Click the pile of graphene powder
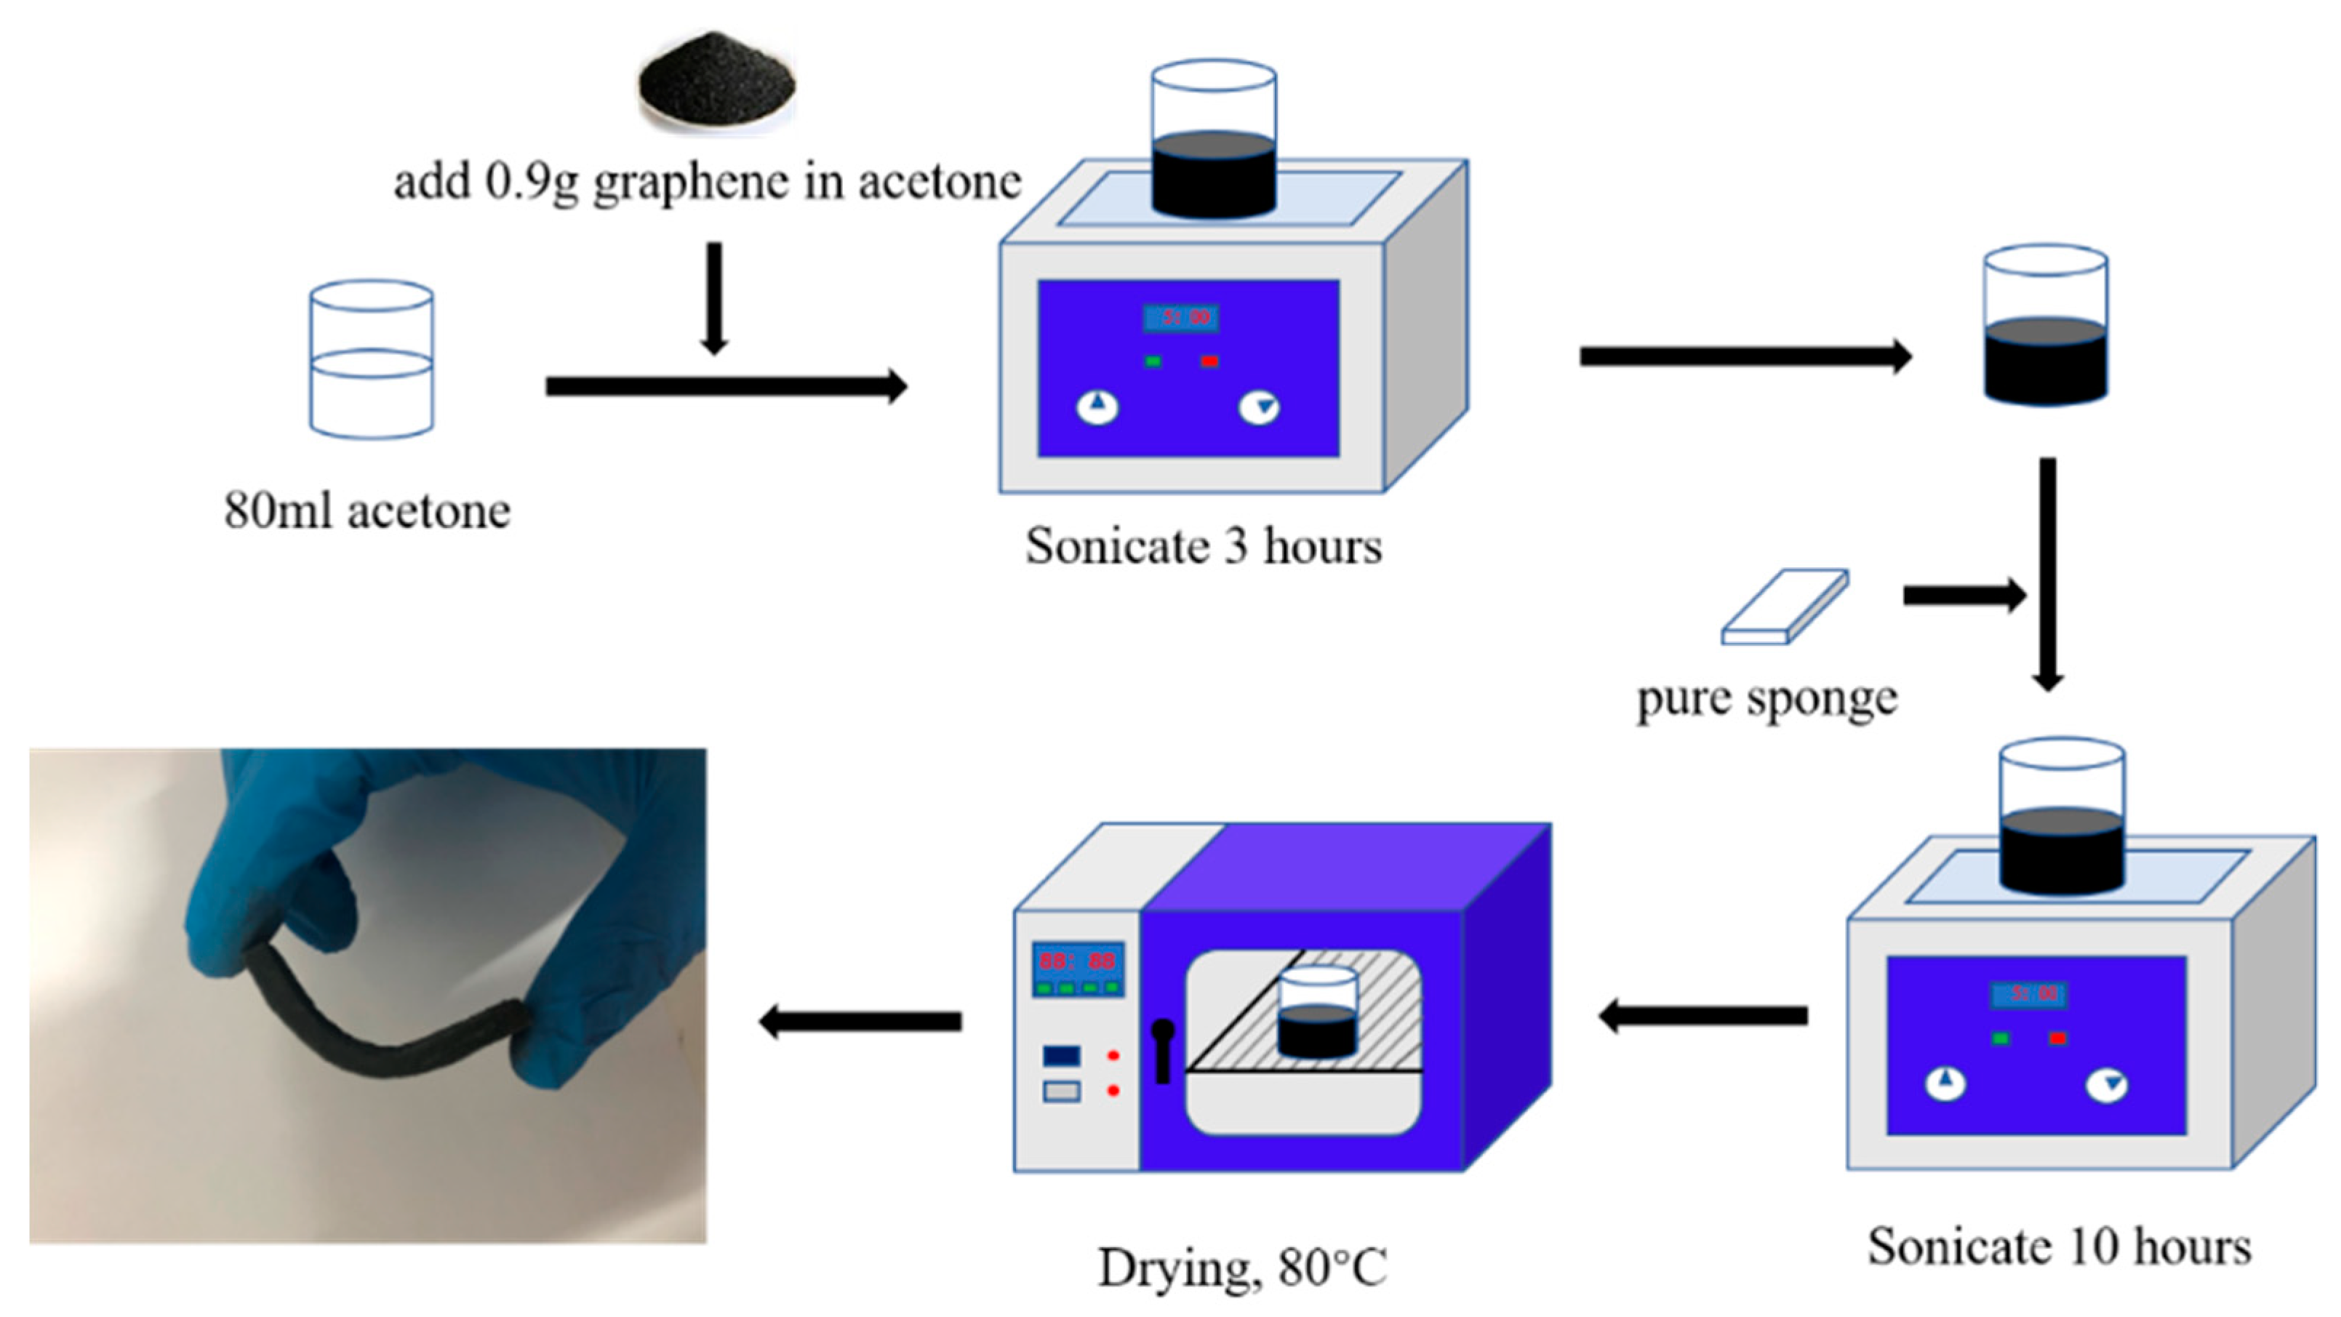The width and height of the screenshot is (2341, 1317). click(x=717, y=81)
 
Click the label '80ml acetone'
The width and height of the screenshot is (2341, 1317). click(x=367, y=511)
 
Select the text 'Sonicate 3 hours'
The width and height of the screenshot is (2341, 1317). click(x=1203, y=547)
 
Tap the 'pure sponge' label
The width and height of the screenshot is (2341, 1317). click(x=1766, y=699)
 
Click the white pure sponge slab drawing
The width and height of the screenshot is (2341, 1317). click(x=1784, y=607)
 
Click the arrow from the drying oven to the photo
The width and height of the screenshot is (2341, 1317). click(x=860, y=1022)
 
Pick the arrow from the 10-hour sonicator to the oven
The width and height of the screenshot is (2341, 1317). click(x=1702, y=1015)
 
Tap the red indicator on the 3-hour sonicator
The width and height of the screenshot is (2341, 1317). click(x=1209, y=361)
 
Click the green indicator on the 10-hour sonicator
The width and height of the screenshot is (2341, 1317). click(x=1999, y=1038)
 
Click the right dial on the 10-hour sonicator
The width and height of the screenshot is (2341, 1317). click(x=2107, y=1085)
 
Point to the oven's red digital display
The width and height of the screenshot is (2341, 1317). click(x=1077, y=961)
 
